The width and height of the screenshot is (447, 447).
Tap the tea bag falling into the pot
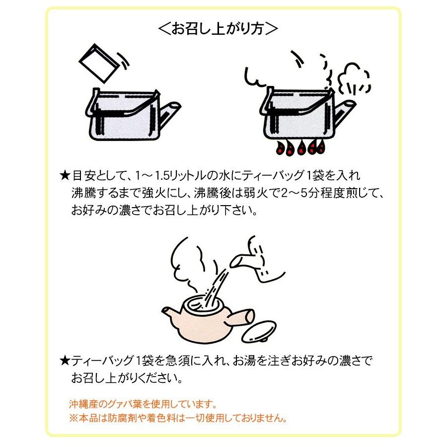(98, 62)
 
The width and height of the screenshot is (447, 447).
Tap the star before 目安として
(64, 176)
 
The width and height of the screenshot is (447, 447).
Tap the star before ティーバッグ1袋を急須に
(64, 359)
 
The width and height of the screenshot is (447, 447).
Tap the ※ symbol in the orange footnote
(72, 418)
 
